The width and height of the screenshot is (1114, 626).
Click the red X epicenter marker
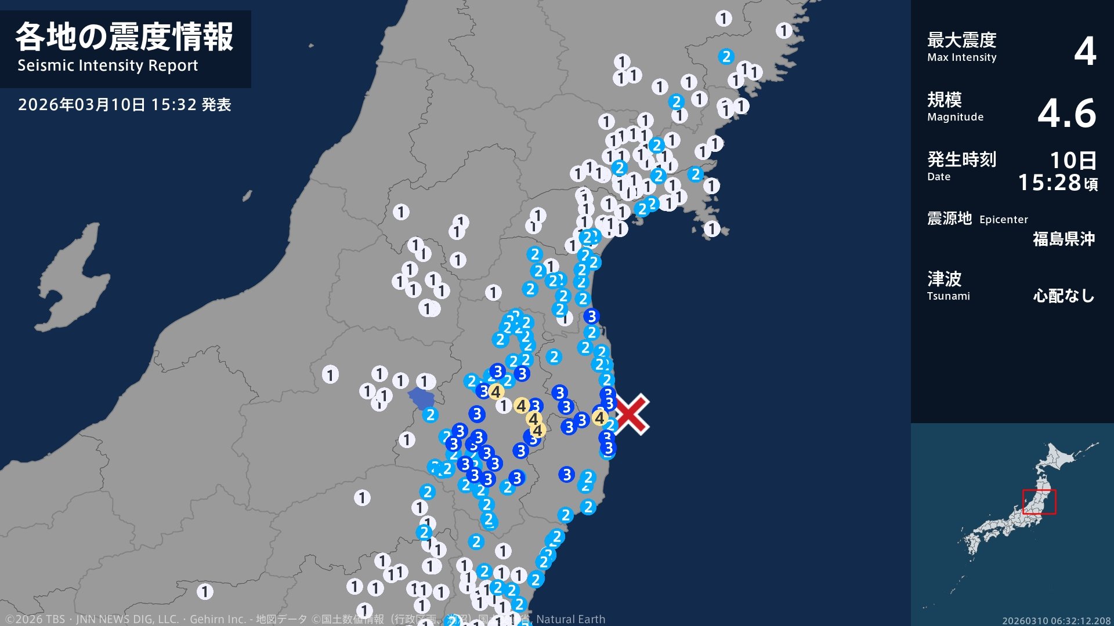tap(631, 414)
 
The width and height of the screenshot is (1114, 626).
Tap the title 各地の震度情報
tap(124, 37)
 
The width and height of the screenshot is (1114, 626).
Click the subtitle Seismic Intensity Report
tap(108, 65)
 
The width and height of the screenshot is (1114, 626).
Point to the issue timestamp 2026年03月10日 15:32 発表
tap(124, 104)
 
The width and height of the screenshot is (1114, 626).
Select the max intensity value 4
tap(1084, 51)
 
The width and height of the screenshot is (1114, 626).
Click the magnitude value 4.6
tap(1066, 112)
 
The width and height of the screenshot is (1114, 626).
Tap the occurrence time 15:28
tap(1050, 183)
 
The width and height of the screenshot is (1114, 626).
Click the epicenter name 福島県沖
tap(1064, 239)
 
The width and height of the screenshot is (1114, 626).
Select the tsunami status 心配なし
tap(1064, 296)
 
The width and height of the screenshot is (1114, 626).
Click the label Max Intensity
tap(961, 57)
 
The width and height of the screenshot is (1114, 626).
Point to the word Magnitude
tap(955, 117)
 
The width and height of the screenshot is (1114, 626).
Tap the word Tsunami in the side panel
tap(948, 296)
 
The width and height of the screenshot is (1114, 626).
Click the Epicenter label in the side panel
tap(1003, 220)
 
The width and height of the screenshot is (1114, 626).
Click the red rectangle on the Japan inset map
tap(1039, 502)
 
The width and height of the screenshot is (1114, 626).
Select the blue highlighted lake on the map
tap(422, 399)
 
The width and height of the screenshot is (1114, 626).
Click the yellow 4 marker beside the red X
tap(599, 417)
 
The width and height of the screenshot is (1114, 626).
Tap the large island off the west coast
tap(73, 278)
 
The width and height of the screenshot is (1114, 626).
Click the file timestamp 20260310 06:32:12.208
tap(1056, 621)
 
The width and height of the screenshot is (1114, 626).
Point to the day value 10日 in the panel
tap(1073, 160)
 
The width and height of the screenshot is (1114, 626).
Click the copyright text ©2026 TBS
tap(35, 619)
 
